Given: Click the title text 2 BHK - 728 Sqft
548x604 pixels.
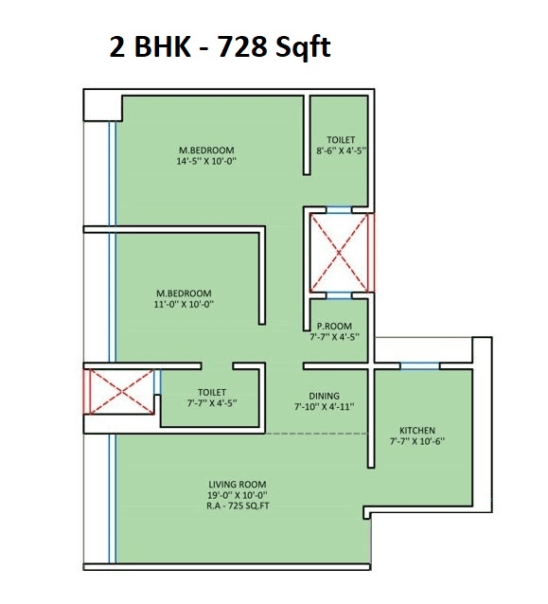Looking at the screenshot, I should coord(221,46).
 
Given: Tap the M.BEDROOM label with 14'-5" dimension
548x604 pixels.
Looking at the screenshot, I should coord(207,151).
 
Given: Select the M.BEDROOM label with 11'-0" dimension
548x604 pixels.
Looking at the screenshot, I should coord(185,293).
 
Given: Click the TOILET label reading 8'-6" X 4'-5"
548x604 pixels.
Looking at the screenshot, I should coord(341,140).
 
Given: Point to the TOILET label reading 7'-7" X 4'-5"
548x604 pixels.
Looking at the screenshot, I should coord(211,392).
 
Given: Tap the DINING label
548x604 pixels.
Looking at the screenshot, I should coord(324,397).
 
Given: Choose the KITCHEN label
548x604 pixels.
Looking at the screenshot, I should coord(417,430).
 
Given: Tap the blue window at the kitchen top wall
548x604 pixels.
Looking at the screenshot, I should coord(418,365).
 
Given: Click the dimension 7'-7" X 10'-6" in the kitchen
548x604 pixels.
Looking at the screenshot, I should coord(417,441).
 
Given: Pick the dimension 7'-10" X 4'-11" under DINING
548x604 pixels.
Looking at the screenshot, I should coord(324,408).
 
